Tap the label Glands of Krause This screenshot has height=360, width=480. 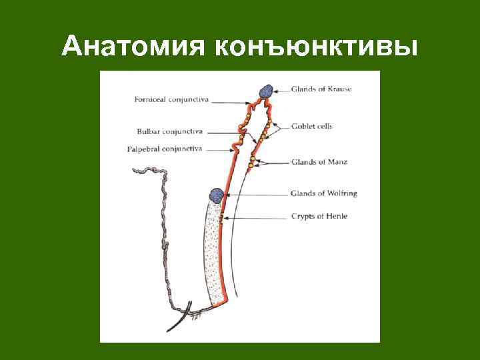click(321, 89)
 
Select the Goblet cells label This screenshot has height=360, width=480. click(311, 126)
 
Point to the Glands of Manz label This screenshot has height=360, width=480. click(319, 161)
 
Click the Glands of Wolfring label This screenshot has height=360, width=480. click(323, 193)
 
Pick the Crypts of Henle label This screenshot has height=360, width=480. click(319, 216)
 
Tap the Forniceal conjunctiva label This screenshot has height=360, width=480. click(171, 100)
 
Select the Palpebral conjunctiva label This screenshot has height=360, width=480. click(165, 149)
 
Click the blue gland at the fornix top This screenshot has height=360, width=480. click(265, 91)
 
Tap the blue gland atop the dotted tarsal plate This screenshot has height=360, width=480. click(216, 195)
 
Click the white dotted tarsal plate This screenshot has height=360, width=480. click(213, 253)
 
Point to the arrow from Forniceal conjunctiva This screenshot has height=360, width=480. click(230, 101)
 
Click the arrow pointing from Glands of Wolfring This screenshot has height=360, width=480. click(257, 194)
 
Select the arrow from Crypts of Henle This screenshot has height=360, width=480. click(257, 216)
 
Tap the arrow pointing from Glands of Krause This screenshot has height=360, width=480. click(281, 89)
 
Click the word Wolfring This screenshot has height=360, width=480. click(341, 193)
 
